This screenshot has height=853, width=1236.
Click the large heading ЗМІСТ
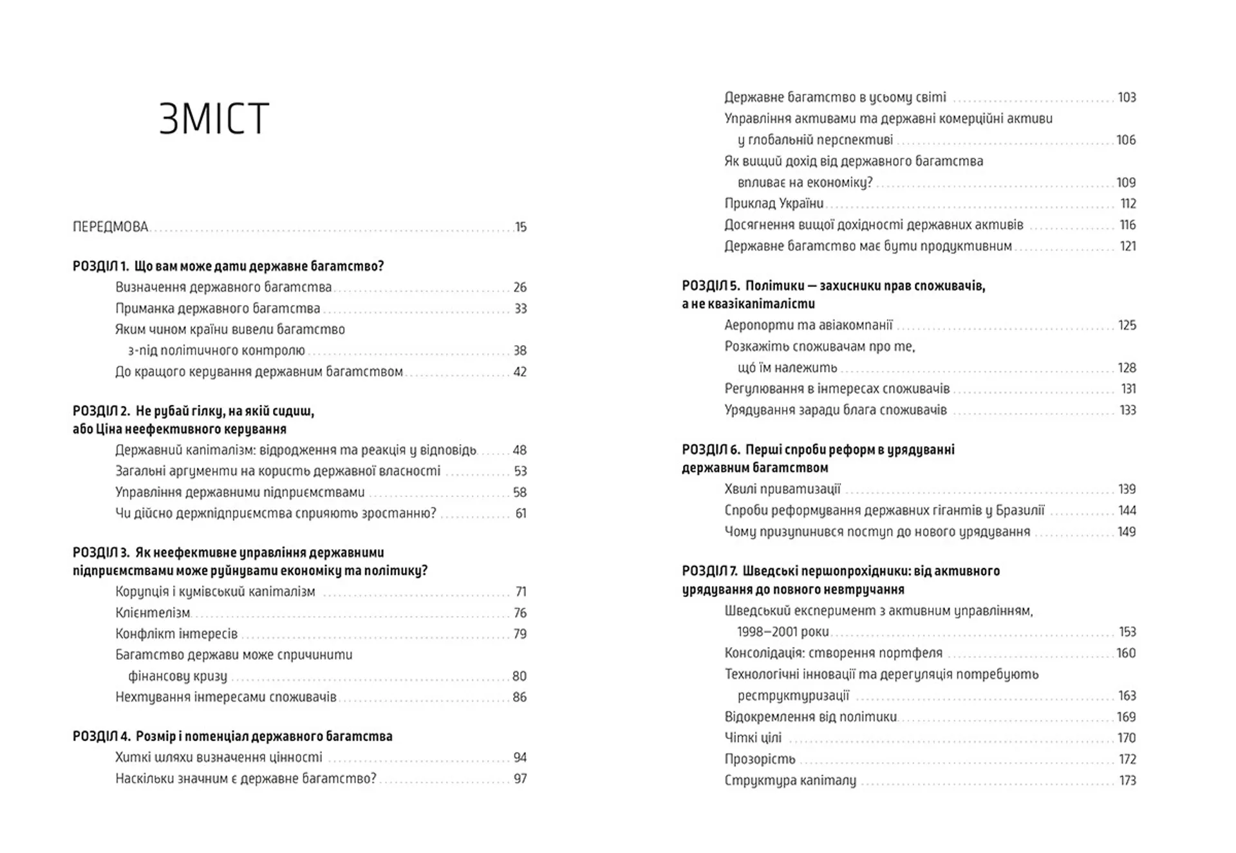(214, 119)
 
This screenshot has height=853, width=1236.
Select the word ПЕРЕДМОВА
(111, 227)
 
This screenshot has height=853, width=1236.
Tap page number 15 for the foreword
(520, 227)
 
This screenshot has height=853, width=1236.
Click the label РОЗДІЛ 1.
(100, 266)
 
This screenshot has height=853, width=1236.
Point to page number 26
(520, 287)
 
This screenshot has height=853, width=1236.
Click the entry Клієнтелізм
(153, 613)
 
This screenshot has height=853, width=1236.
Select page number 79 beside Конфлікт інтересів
(520, 634)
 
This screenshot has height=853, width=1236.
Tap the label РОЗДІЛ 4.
(101, 736)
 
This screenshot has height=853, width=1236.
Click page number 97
(520, 779)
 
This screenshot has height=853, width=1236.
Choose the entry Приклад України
(774, 203)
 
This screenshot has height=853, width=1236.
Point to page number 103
(1127, 97)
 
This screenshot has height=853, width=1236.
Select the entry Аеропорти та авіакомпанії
(809, 325)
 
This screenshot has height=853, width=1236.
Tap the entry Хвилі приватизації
(782, 489)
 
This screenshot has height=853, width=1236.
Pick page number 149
(1127, 532)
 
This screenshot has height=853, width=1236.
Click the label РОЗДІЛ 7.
(709, 571)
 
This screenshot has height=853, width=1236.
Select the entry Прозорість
(760, 760)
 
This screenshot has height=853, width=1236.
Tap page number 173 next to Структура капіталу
(1127, 781)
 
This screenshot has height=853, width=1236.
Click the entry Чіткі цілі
(753, 738)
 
